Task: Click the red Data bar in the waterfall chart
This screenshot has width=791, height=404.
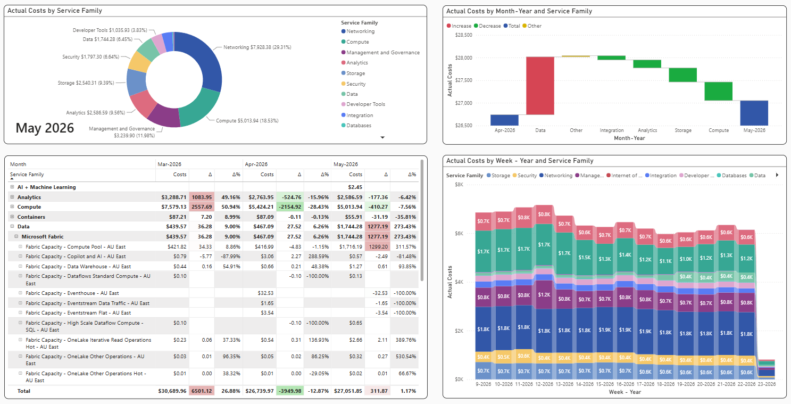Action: click(540, 86)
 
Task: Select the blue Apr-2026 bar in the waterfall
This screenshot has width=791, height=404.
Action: click(504, 120)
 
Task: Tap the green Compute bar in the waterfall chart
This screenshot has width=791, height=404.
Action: click(718, 91)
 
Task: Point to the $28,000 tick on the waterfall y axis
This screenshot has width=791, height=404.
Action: click(463, 58)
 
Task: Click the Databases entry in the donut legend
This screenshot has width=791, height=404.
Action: click(356, 126)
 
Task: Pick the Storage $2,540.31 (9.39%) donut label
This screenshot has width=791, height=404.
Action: click(86, 83)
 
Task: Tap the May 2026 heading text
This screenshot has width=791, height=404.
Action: click(45, 128)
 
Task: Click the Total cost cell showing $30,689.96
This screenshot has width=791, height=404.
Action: click(172, 391)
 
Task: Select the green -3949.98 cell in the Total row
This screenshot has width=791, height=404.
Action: click(290, 391)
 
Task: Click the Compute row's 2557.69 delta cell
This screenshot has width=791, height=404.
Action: click(202, 207)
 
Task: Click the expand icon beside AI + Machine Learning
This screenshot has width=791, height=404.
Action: click(12, 187)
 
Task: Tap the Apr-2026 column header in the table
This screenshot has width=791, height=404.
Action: click(256, 164)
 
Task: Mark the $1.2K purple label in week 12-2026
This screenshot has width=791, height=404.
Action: click(544, 295)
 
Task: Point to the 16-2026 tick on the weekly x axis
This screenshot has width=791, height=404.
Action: click(625, 384)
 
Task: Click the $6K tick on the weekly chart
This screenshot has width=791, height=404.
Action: click(459, 233)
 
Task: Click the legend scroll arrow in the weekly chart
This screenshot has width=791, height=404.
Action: click(777, 175)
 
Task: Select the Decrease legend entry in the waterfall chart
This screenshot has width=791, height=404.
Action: click(487, 26)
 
